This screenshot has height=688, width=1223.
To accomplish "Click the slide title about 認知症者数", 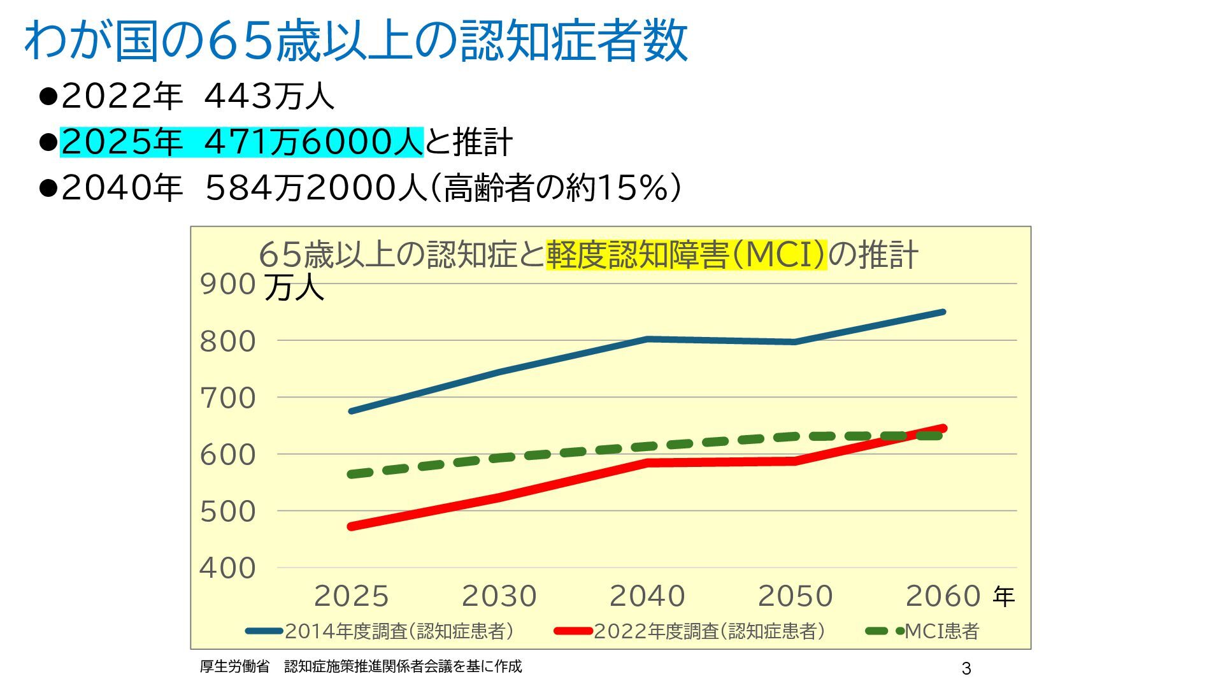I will (x=355, y=41).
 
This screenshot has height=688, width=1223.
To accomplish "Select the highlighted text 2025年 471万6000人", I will (x=241, y=141).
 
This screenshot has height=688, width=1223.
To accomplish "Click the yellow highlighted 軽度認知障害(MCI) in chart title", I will (x=686, y=255).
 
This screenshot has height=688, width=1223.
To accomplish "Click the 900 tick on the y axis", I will (x=228, y=284).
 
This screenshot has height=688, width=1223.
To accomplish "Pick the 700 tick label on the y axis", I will (x=228, y=398).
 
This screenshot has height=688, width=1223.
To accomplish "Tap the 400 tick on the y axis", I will (x=228, y=568).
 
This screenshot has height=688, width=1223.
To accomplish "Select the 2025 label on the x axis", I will (x=351, y=596).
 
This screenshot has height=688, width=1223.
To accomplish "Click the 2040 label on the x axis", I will (x=647, y=596).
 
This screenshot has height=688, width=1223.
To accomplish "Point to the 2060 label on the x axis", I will (x=943, y=596).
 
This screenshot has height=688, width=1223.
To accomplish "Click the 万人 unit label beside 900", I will (x=294, y=287).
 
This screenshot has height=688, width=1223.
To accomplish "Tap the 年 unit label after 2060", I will (x=1003, y=597).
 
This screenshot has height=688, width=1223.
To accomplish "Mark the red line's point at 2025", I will (x=352, y=526).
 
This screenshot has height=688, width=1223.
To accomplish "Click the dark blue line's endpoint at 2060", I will (x=943, y=312).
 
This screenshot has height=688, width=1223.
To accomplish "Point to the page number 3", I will (x=966, y=668).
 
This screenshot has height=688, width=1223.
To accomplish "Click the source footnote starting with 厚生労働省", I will (x=361, y=666).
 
